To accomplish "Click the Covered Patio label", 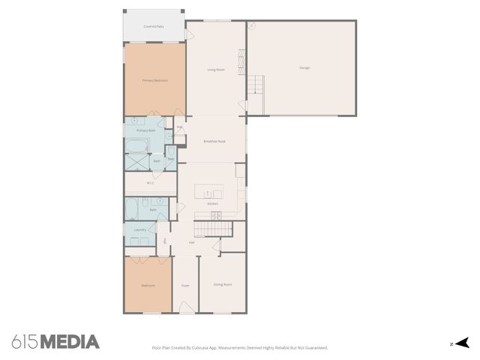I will click(x=154, y=26).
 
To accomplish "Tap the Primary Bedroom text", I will click(x=154, y=80).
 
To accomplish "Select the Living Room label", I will click(x=216, y=70).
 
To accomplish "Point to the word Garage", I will click(x=304, y=68).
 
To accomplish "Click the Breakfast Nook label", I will click(x=214, y=141).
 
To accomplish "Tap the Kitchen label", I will click(x=212, y=204).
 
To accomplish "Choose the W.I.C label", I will click(x=150, y=182).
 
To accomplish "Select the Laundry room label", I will click(x=139, y=230).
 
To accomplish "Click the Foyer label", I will click(x=185, y=285).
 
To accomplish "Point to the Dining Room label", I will click(x=222, y=284).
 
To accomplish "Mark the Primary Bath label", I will click(x=145, y=130).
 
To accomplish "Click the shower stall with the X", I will click(x=137, y=162).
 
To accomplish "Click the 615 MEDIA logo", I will click(x=55, y=342).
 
